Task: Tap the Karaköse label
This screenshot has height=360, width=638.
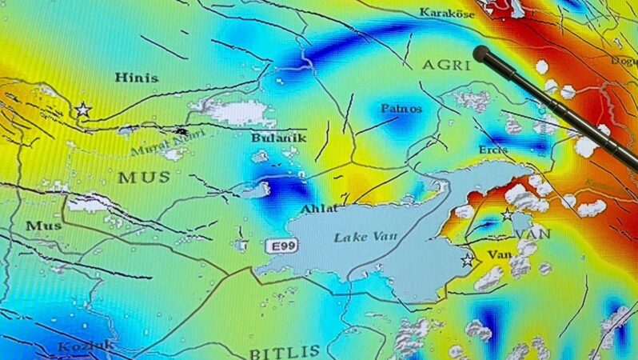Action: (x=447, y=13)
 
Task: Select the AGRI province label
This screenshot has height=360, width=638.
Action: (x=446, y=65)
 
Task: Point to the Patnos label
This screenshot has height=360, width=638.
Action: (x=401, y=107)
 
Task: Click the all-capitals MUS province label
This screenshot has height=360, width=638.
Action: (x=144, y=177)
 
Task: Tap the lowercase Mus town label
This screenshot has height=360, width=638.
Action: (x=43, y=226)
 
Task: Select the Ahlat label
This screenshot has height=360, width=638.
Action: (x=313, y=209)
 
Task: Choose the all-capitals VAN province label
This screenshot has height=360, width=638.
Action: (x=532, y=234)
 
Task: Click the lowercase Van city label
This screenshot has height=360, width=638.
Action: (x=500, y=254)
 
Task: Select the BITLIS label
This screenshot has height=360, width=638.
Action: (x=285, y=351)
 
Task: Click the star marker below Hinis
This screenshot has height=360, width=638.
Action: (x=82, y=109)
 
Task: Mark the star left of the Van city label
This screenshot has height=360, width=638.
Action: (x=467, y=260)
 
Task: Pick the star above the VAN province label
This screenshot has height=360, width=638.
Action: (x=507, y=214)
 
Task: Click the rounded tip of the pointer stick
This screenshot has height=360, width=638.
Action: (x=481, y=54)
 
